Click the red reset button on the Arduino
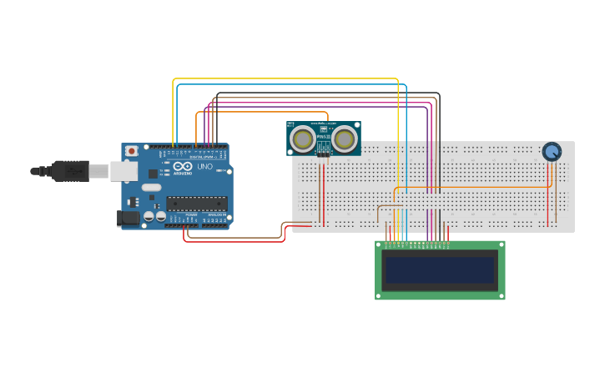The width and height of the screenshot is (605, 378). [x=132, y=151]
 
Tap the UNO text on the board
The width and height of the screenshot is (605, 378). [x=204, y=167]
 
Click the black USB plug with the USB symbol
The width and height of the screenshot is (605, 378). [x=70, y=170]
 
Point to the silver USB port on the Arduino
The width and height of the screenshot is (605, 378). [x=124, y=171]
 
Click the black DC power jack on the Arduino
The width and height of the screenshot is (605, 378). [x=128, y=219]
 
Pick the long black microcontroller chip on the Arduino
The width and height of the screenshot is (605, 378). [x=197, y=203]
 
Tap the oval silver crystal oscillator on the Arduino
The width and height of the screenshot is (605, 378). [x=151, y=188]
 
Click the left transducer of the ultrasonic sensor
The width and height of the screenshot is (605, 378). [x=303, y=139]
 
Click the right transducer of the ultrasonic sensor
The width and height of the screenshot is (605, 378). [x=345, y=139]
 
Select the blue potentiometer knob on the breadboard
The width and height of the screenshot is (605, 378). [x=552, y=152]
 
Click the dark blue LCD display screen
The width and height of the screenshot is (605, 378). [x=440, y=270]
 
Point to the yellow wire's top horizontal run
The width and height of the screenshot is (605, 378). [x=284, y=79]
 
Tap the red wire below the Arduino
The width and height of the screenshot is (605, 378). [x=234, y=241]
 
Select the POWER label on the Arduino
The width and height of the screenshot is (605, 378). [x=191, y=215]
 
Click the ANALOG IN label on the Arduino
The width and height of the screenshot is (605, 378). [x=216, y=215]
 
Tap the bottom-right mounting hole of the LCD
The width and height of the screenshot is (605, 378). [x=501, y=295]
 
